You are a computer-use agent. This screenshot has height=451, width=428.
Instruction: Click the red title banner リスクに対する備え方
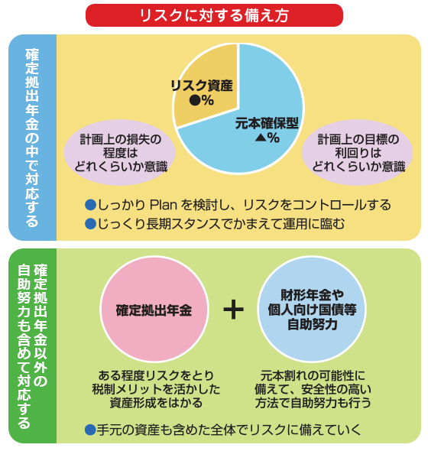click(214, 15)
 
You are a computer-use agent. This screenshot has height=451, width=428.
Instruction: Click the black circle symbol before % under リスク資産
click(195, 100)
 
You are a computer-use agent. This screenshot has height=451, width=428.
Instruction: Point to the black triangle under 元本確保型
click(261, 138)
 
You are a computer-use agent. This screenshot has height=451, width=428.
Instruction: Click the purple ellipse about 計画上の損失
click(120, 152)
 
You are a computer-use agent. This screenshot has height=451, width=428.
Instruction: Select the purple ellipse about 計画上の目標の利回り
click(357, 152)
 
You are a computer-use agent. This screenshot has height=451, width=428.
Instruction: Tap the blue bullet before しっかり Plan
click(90, 205)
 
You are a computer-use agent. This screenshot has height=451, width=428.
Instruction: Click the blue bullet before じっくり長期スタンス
click(90, 224)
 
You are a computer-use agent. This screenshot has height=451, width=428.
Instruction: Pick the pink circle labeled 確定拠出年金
click(154, 309)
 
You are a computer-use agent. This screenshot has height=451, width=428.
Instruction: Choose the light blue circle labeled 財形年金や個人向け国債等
click(312, 309)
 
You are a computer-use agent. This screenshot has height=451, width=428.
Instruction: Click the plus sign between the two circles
click(234, 310)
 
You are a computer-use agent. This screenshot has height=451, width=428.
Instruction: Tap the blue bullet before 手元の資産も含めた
click(90, 430)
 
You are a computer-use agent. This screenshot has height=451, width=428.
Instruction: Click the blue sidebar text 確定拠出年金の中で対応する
click(32, 138)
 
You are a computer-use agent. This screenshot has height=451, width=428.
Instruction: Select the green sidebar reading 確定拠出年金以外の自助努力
click(32, 346)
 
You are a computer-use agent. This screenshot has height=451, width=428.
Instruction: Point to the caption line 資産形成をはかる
click(156, 403)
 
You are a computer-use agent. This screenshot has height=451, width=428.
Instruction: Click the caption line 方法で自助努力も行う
click(313, 403)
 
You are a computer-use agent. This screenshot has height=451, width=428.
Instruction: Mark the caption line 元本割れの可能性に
click(313, 375)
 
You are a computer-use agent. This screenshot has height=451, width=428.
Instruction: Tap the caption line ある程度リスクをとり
click(156, 375)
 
